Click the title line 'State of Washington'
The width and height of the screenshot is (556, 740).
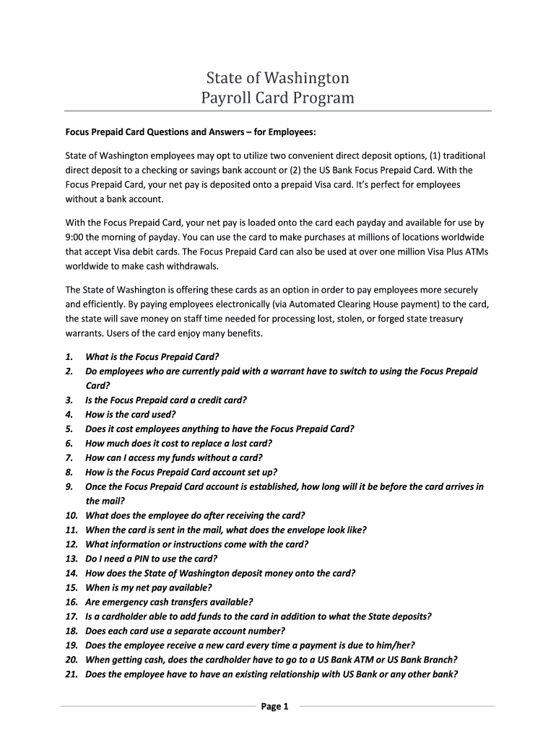click(277, 77)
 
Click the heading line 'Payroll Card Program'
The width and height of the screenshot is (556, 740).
click(277, 97)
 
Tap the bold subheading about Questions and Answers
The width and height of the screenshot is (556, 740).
click(191, 133)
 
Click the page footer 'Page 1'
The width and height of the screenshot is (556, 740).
click(274, 707)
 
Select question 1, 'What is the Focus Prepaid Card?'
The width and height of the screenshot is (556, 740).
click(152, 357)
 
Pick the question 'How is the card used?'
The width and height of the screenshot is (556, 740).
click(131, 415)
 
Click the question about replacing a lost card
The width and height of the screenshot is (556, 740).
click(178, 444)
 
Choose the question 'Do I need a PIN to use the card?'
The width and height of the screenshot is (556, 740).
click(151, 559)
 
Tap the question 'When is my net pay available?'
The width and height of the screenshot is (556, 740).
click(149, 588)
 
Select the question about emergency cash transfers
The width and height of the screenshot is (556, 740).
click(169, 602)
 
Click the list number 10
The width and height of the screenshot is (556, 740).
click(71, 515)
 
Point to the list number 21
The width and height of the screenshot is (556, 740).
click(71, 674)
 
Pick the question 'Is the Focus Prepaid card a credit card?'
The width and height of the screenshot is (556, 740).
click(166, 400)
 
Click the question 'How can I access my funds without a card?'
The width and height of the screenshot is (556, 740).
click(174, 458)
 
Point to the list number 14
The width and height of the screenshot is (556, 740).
click(71, 573)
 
